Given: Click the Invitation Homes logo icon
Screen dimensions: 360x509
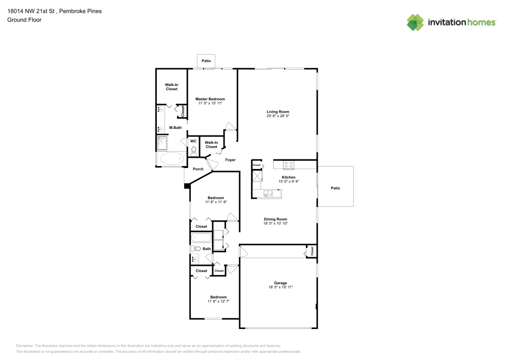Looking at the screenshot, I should [415, 22].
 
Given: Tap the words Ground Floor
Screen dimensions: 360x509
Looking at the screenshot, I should [24, 20].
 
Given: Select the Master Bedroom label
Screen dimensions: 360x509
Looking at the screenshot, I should [210, 99].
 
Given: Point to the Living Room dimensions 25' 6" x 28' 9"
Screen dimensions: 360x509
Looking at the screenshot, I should [278, 116].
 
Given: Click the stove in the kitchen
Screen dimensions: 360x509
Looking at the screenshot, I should [289, 164].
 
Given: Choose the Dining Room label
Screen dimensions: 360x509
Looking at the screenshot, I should [275, 219].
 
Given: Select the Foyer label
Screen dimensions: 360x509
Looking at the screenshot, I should [231, 160].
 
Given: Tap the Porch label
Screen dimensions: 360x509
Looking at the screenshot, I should [198, 169].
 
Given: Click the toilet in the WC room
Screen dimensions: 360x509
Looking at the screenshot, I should [193, 151].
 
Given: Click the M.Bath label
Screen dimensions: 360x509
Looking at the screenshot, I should [176, 128].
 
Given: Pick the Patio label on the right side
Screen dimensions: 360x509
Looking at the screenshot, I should [335, 188].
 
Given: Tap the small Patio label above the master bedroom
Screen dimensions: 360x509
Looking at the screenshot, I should [206, 61].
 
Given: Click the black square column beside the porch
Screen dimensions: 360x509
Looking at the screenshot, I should [187, 186].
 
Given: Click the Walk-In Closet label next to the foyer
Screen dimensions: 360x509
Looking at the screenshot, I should [211, 145].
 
